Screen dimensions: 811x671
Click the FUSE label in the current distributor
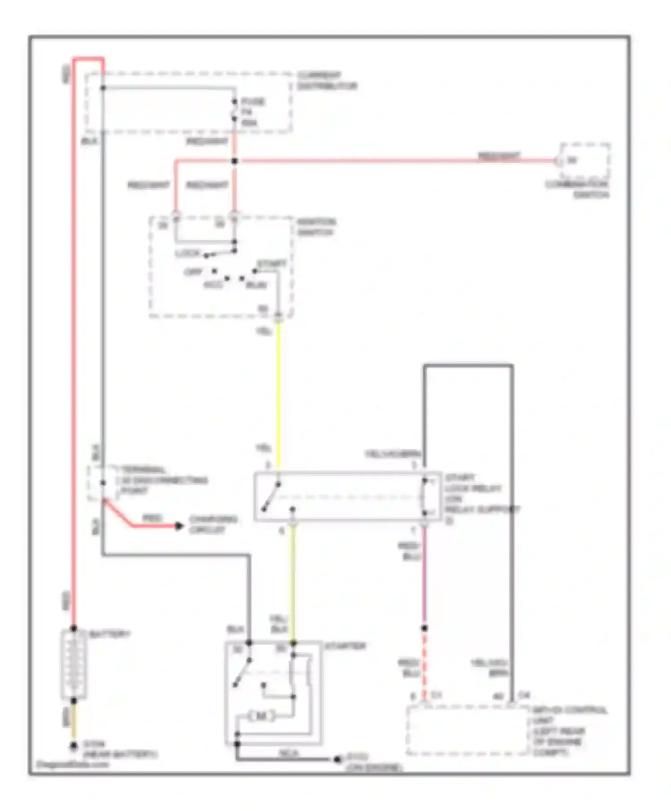(x=253, y=102)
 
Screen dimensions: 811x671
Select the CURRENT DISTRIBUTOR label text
(x=327, y=80)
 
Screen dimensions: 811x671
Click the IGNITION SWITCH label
(x=317, y=227)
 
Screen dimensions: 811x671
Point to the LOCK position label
(x=188, y=253)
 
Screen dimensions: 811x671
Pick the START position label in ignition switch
(x=271, y=264)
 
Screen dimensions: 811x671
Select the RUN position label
(x=256, y=285)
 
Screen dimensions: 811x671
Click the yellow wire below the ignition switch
(x=278, y=389)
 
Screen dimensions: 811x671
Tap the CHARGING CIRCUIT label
(x=213, y=524)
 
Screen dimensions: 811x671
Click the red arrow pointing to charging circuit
(x=178, y=526)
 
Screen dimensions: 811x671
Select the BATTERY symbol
(x=74, y=665)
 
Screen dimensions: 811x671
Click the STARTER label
(x=345, y=646)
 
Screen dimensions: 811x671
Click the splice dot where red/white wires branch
(x=234, y=161)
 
